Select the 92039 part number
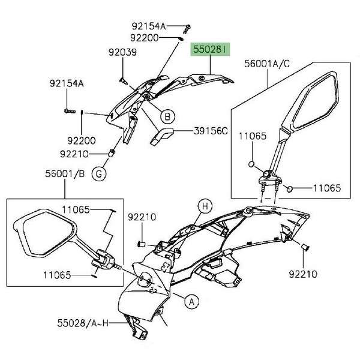(122, 52)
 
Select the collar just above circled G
(111, 154)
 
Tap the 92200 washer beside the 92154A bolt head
(181, 39)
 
